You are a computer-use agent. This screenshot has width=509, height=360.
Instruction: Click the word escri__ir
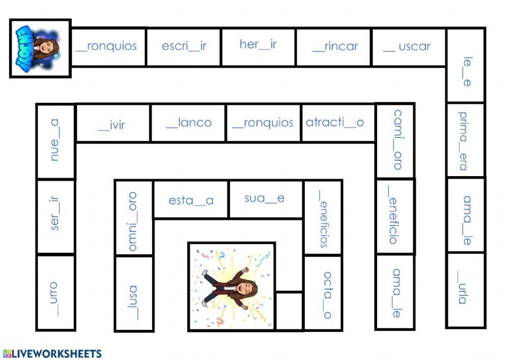coord(184,46)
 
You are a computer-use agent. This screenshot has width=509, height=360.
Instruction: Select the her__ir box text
coord(258,44)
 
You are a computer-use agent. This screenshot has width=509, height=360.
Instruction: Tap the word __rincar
coord(335,47)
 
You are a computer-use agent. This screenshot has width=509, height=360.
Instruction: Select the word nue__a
coord(54,140)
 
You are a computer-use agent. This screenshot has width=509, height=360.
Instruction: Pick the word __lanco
coord(188,123)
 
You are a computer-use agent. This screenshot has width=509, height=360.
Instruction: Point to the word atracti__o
coord(335,123)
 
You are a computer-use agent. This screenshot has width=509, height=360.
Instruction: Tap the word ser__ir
coord(55,214)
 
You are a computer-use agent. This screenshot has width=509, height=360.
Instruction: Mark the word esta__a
coord(191,200)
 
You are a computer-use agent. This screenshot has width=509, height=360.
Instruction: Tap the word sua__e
coord(264,199)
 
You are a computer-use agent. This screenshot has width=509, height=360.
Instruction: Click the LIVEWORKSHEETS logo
coord(52,353)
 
